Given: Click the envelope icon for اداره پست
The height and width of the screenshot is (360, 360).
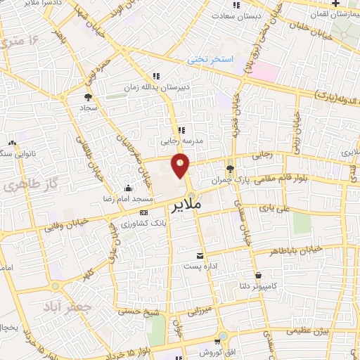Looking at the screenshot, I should (x=200, y=255).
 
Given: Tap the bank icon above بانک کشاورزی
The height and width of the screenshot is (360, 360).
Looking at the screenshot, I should (x=144, y=212).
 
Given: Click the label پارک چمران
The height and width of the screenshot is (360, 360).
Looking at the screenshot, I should (x=230, y=180).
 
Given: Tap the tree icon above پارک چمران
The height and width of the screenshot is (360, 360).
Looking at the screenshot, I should (x=230, y=168).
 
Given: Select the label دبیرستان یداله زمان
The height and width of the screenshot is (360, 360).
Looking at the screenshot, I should (x=155, y=88).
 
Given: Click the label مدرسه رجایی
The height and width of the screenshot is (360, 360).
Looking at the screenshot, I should (x=181, y=141).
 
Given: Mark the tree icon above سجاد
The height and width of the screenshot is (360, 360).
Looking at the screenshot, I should (x=89, y=98).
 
